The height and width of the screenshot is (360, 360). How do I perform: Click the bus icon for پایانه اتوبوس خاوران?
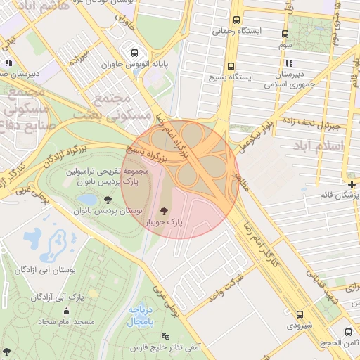click(x=134, y=53)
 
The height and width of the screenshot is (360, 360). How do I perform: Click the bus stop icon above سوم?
click(x=285, y=34)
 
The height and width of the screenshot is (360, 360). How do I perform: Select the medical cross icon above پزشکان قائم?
click(x=352, y=184)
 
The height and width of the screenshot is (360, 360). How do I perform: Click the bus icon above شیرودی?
click(x=300, y=314)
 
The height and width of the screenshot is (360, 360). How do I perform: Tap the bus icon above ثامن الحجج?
click(x=347, y=331)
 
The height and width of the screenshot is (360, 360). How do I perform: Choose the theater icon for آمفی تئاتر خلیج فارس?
click(x=165, y=336)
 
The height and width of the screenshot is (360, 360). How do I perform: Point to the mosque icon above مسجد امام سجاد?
click(x=67, y=311)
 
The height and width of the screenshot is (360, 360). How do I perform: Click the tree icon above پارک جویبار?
click(x=164, y=210)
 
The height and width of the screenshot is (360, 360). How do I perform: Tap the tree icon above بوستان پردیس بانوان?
click(x=108, y=200)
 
